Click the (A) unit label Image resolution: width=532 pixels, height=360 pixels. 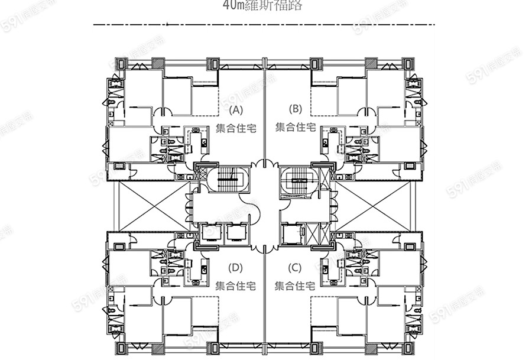[236, 109]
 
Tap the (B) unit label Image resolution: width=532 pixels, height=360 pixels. [295, 109]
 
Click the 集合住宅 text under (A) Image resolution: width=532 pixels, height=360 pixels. [236, 127]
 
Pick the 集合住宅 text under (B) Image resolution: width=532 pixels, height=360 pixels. [295, 127]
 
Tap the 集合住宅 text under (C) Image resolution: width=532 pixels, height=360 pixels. [295, 286]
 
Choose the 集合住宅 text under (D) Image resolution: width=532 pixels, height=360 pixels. [236, 286]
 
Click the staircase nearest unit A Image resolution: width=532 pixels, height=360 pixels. [228, 177]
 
